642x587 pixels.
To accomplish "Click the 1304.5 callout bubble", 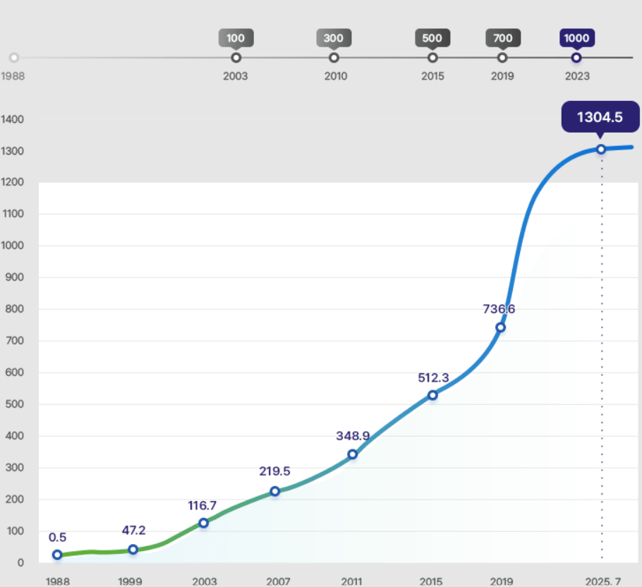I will pyautogui.click(x=600, y=117).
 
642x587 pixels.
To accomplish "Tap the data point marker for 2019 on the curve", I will pyautogui.click(x=500, y=327).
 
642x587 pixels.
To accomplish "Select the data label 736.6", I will pyautogui.click(x=504, y=309).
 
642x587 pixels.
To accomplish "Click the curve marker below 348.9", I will pyautogui.click(x=353, y=454).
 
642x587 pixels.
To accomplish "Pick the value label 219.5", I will pyautogui.click(x=274, y=471).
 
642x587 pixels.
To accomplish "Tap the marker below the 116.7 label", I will pyautogui.click(x=203, y=523).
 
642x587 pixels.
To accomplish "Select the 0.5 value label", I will pyautogui.click(x=58, y=537).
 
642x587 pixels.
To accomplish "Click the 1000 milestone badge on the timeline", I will pyautogui.click(x=577, y=38).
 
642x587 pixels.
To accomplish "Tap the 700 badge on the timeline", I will pyautogui.click(x=503, y=38).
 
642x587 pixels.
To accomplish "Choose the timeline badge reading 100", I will pyautogui.click(x=236, y=38).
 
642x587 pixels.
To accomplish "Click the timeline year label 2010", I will pyautogui.click(x=336, y=76).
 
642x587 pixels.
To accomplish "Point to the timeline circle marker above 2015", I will pyautogui.click(x=432, y=58).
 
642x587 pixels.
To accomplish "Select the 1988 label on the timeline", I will pyautogui.click(x=13, y=76).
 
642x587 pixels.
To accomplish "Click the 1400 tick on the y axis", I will pyautogui.click(x=13, y=119).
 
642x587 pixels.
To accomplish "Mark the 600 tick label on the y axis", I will pyautogui.click(x=13, y=373).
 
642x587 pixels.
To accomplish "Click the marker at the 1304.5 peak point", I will pyautogui.click(x=601, y=149).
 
